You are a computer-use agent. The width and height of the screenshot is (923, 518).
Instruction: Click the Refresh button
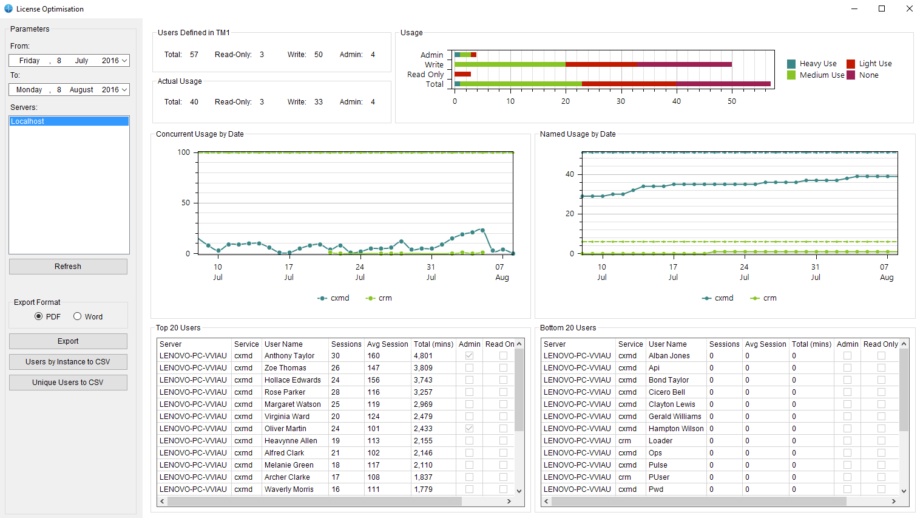[68, 267]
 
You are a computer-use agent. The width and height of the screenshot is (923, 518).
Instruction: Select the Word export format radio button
[78, 316]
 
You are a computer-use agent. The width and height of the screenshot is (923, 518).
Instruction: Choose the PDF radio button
[39, 316]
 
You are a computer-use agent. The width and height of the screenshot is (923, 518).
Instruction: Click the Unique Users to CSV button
[68, 383]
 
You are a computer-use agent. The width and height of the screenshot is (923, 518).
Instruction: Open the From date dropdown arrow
[124, 61]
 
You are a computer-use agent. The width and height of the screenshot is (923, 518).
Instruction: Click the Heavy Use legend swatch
[791, 64]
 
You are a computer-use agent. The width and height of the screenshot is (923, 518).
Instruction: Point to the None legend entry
[868, 75]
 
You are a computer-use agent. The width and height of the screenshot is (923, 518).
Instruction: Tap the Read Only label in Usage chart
[425, 75]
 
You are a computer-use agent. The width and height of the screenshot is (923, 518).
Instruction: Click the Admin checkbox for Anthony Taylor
[469, 356]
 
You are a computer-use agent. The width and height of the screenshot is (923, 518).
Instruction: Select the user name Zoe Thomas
[285, 368]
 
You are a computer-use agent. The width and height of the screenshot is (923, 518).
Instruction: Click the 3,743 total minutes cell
[423, 380]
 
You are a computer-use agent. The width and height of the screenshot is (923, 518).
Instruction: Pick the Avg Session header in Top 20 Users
[387, 344]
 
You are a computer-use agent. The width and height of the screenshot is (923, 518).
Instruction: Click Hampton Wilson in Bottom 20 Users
[676, 429]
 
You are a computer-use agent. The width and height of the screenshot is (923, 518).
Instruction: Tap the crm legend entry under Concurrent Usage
[379, 298]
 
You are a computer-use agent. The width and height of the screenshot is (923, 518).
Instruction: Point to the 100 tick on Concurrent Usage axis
[184, 152]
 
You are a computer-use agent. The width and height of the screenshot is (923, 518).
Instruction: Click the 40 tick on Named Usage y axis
[569, 174]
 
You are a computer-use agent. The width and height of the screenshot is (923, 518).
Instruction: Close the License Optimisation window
[909, 9]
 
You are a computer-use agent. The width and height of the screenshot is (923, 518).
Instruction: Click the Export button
[68, 341]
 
